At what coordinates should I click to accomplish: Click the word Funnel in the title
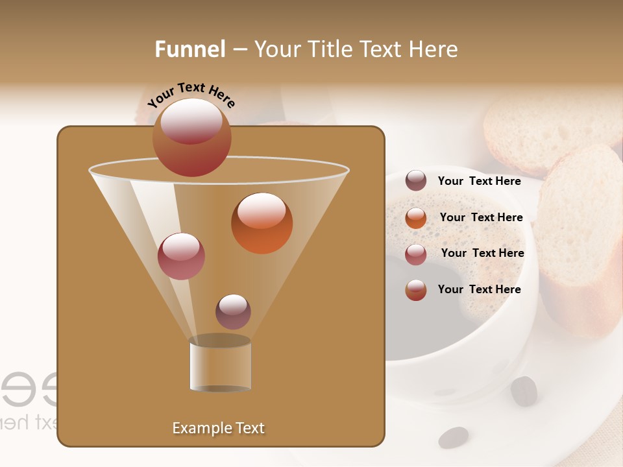pos(190,49)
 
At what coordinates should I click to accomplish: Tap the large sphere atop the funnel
pos(191,137)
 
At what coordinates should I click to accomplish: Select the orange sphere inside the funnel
pos(262,222)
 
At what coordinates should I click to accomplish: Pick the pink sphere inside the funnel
pos(181,256)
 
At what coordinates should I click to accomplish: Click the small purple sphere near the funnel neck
pos(233,311)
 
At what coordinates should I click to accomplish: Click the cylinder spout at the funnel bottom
pos(220,365)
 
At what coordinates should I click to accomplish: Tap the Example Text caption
pos(218,428)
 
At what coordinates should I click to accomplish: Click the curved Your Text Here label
pos(191,95)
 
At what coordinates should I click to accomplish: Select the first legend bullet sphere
pos(416,180)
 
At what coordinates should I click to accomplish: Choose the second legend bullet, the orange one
pos(416,217)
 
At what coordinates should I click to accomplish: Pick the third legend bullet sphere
pos(416,254)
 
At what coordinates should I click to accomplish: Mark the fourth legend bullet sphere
pos(416,290)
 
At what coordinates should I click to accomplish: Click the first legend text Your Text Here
pos(479,181)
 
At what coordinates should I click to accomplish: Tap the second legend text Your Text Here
pos(481,217)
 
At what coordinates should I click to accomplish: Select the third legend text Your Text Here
pos(482,253)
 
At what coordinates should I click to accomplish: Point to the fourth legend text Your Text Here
pos(479,289)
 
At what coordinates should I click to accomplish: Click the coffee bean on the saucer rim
pos(524,390)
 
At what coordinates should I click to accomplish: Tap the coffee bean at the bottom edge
pos(453,438)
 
